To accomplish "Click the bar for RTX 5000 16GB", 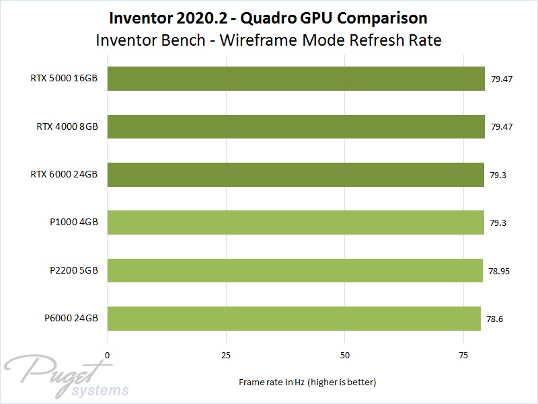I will tap(296, 78).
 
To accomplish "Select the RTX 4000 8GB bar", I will tap(296, 126).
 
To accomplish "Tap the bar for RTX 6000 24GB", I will tap(296, 174).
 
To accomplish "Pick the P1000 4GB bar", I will tap(296, 222).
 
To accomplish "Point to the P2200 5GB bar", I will tap(295, 270).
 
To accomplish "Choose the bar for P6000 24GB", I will tap(294, 318).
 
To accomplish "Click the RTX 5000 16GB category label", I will tap(64, 78).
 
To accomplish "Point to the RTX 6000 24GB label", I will tap(64, 174).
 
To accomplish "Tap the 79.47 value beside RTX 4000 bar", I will tap(502, 126).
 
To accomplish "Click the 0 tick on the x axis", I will tap(107, 354).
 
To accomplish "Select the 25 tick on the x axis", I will tap(226, 354).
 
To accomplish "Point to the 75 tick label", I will tap(463, 354).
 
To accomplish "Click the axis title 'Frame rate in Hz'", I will tap(307, 382).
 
